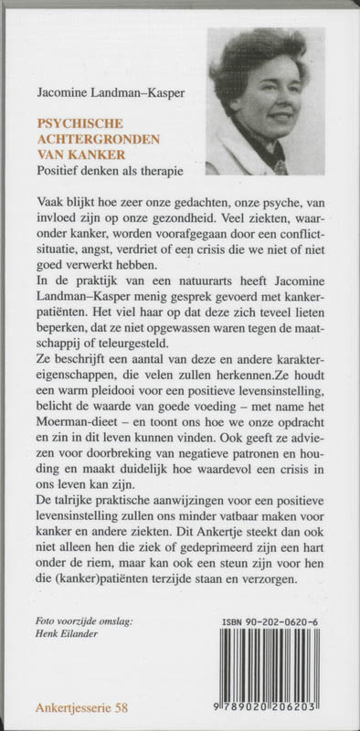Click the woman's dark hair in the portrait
click(256, 50)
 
